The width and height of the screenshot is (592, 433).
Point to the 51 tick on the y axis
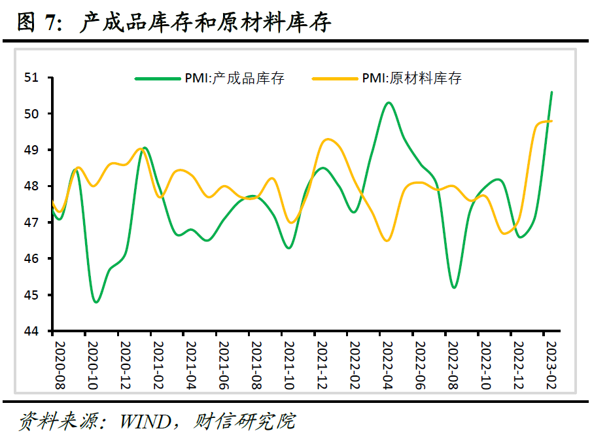click(x=31, y=78)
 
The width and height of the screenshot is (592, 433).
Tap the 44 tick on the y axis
click(x=31, y=332)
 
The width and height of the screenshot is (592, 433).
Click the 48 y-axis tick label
click(x=31, y=186)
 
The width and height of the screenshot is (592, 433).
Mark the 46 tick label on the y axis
click(x=31, y=259)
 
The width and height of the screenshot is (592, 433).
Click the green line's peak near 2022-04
click(x=389, y=103)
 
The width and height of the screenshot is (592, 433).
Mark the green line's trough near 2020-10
click(x=96, y=302)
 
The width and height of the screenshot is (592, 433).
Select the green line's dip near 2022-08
click(x=453, y=287)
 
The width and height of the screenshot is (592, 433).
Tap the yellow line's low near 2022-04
click(x=387, y=240)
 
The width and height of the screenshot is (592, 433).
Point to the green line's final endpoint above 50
click(x=551, y=92)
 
